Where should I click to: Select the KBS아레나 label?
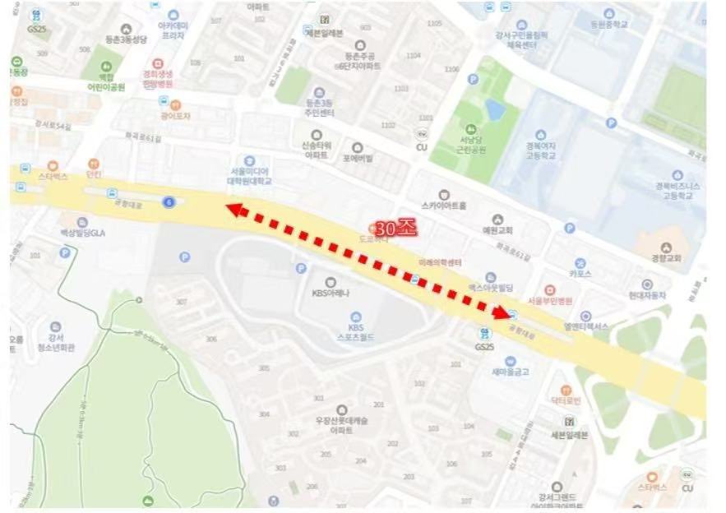point(331,291)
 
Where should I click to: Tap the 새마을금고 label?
point(510,371)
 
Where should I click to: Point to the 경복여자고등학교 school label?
point(541,150)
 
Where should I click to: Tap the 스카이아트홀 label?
point(444,205)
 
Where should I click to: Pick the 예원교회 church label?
point(497,229)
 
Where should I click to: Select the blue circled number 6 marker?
point(169,202)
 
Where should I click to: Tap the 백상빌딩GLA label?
point(82,232)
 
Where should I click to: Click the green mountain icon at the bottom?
point(148,501)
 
